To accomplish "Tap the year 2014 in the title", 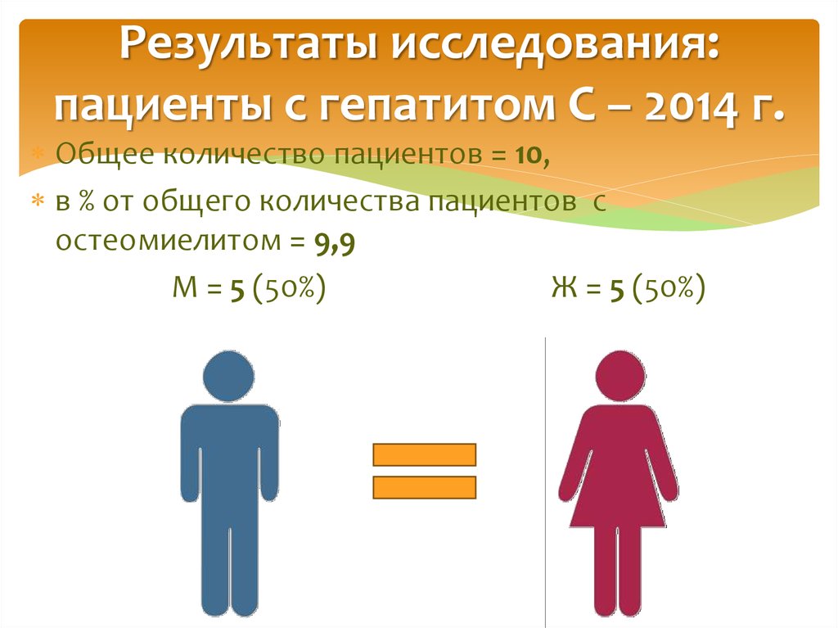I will (685, 106).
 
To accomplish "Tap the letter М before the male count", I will (182, 289).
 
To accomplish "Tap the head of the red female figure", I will (619, 376).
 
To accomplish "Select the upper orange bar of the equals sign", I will (424, 454).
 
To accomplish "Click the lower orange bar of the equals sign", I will (424, 488).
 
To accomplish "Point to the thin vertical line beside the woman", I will (544, 475).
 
